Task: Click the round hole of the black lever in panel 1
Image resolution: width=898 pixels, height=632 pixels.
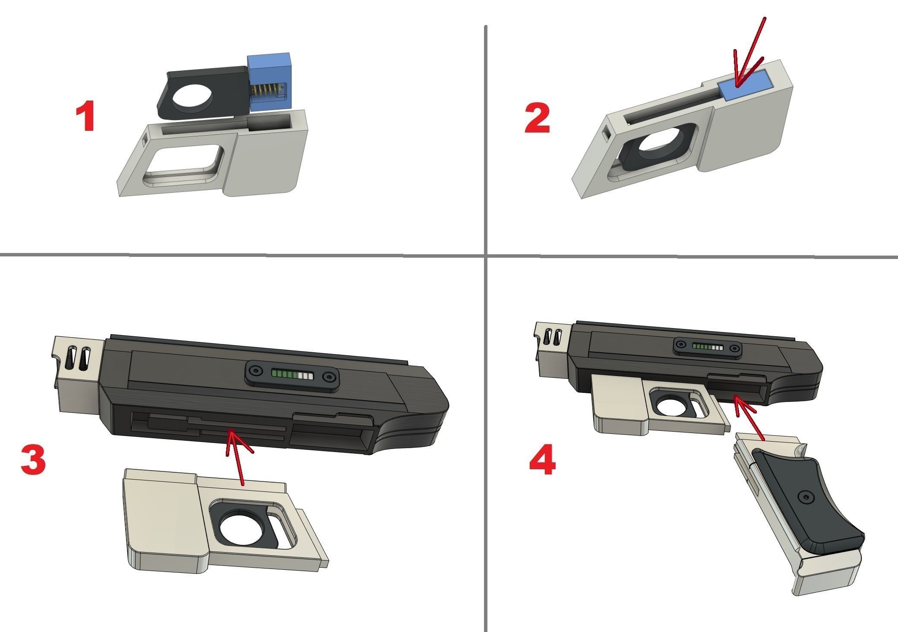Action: click(192, 94)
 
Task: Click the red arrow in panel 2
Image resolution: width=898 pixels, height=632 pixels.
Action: click(750, 56)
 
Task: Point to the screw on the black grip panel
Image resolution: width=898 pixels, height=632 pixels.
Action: click(807, 498)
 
